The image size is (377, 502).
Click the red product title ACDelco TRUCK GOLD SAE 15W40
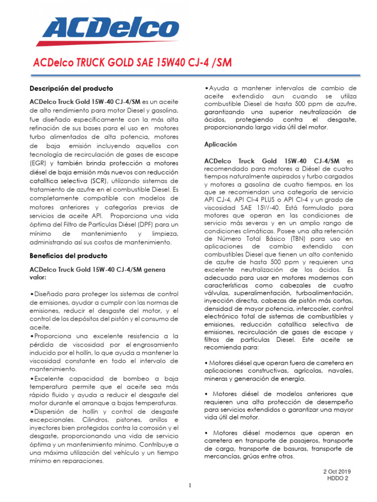tap(132, 63)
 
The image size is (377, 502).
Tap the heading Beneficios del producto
tap(68, 256)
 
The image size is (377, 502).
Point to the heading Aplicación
tap(220, 145)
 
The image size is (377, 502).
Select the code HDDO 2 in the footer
tap(338, 479)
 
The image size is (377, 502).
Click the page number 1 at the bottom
tap(189, 486)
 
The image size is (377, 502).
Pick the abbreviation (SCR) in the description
tap(128, 181)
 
